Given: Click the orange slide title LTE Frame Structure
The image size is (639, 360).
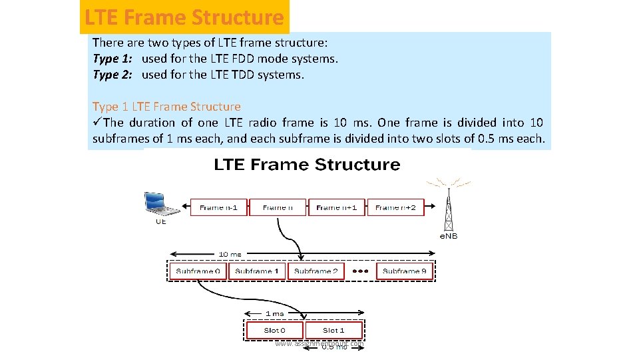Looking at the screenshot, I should point(184,17).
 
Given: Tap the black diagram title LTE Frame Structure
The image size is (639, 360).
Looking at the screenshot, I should point(307,165).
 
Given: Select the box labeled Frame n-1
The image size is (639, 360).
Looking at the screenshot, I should point(219,207).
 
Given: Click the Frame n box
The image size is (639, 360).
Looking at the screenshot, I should point(278,207).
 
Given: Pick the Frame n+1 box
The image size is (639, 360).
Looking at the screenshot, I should point(336,207).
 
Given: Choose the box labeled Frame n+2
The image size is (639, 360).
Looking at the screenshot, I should point(395,207).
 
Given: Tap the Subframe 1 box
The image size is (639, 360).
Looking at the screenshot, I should point(257,271).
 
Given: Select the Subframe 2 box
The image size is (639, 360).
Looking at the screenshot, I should point(316,271).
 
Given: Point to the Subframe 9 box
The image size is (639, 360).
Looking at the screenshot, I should point(405,271).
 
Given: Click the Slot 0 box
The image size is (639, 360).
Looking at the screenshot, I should point(275,330).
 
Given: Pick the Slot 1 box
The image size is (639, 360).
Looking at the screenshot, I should point(333,330).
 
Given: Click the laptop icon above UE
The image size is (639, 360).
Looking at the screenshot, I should point(161,203).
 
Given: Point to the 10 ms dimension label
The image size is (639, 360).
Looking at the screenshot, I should point(230,254).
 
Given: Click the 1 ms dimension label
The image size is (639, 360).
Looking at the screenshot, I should point(274,313).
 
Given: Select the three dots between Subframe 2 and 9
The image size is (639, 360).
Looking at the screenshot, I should point(360,271).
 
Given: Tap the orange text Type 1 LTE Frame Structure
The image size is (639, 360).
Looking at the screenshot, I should point(166,107).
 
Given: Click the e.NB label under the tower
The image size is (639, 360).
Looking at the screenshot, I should point(449,236).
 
